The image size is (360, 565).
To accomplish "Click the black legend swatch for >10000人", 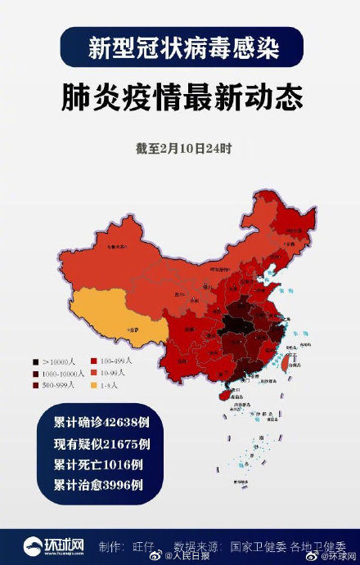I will click(35, 361).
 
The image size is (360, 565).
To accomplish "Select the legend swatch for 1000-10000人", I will click(35, 372).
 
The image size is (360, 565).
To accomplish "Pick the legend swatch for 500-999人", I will click(35, 384).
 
